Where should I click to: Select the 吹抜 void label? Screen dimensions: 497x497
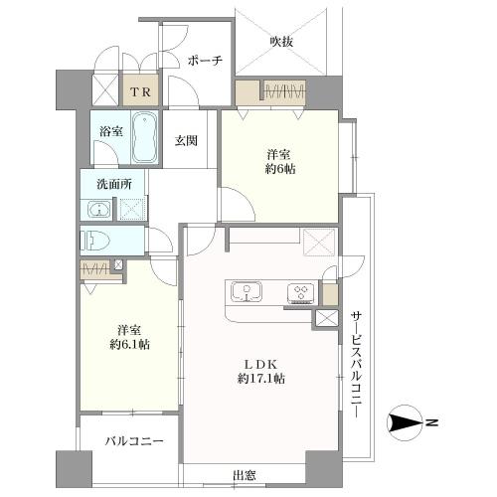(x=281, y=41)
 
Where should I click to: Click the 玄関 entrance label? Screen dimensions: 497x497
(x=187, y=140)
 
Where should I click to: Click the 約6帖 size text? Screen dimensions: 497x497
(x=280, y=169)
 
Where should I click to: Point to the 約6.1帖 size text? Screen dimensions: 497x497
(x=131, y=344)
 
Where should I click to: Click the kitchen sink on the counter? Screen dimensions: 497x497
(x=245, y=292)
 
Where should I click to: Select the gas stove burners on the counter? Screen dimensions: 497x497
(x=299, y=292)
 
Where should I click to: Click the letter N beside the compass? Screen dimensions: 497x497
(x=432, y=424)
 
